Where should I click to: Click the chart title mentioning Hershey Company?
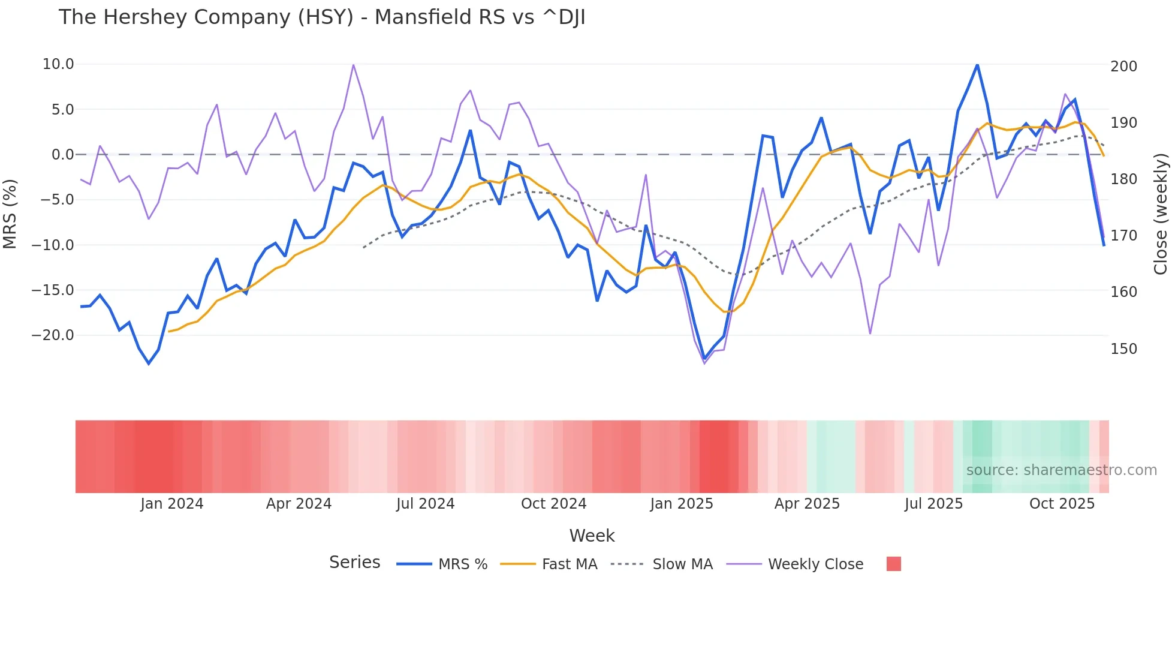pyautogui.click(x=322, y=17)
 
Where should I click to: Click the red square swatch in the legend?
pyautogui.click(x=893, y=564)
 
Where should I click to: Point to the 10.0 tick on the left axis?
pyautogui.click(x=58, y=64)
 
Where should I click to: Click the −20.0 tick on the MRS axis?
pyautogui.click(x=53, y=335)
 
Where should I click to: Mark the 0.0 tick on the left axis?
pyautogui.click(x=62, y=155)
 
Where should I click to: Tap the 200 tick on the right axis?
pyautogui.click(x=1123, y=67)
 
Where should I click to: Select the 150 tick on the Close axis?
pyautogui.click(x=1123, y=349)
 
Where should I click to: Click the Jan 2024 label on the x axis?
pyautogui.click(x=172, y=504)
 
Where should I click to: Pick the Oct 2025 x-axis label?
pyautogui.click(x=1062, y=504)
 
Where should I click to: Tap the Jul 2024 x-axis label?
pyautogui.click(x=425, y=504)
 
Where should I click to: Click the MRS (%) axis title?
pyautogui.click(x=10, y=214)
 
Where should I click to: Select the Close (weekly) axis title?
pyautogui.click(x=1161, y=214)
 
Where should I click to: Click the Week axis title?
pyautogui.click(x=592, y=536)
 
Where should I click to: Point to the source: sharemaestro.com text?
pyautogui.click(x=1061, y=470)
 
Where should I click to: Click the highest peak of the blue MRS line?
pyautogui.click(x=977, y=65)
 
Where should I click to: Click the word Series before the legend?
pyautogui.click(x=354, y=563)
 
